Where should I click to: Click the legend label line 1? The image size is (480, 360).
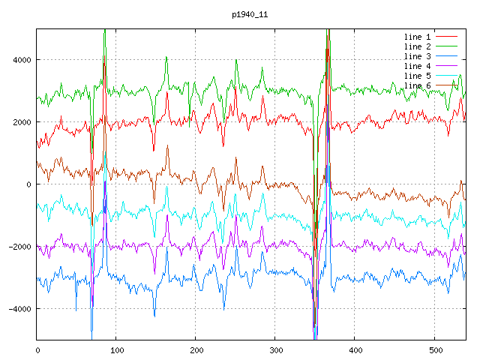418,37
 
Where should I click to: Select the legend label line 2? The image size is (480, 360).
418,46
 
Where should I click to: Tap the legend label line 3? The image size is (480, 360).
418,56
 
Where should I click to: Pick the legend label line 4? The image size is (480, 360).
418,66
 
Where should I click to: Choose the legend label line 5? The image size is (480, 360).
418,76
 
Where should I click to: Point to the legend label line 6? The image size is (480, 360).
418,85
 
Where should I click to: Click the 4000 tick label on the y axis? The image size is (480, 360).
21,60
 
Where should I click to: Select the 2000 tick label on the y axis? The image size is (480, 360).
21,122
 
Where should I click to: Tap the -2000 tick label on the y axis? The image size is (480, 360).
19,247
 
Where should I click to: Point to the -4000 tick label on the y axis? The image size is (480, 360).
19,309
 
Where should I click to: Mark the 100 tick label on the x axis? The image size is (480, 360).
117,349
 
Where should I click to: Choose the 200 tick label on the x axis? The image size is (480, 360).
196,349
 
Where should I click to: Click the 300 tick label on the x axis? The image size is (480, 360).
276,349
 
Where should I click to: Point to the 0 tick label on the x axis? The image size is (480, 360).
37,349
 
